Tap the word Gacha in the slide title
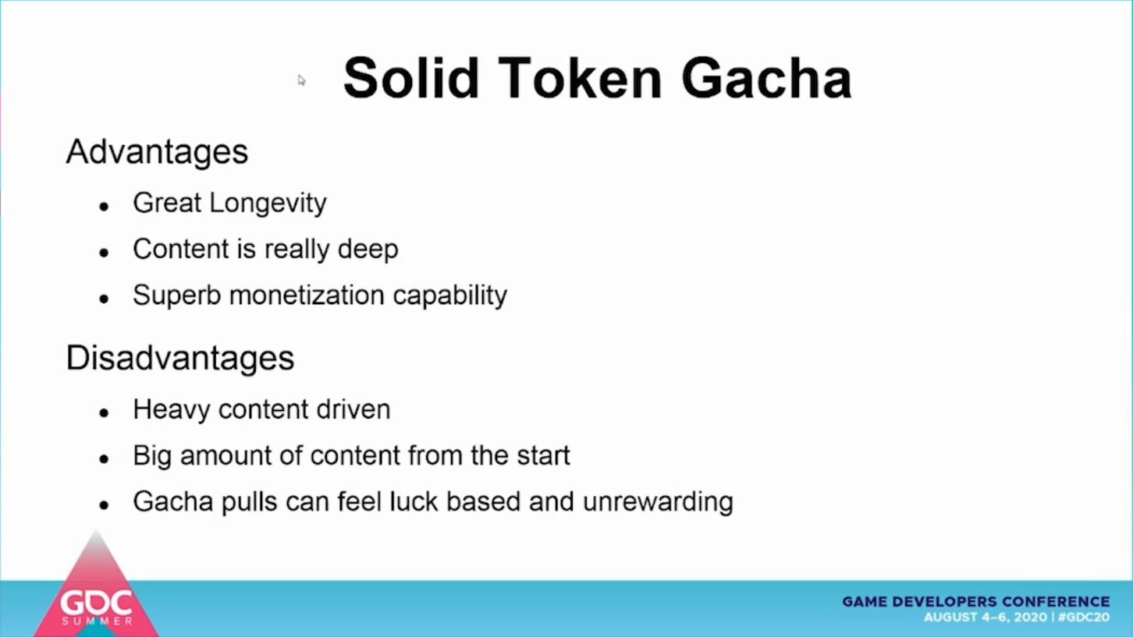click(x=767, y=79)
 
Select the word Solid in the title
click(x=410, y=78)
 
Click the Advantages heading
click(x=157, y=152)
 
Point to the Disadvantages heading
click(x=180, y=358)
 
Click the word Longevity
click(x=268, y=203)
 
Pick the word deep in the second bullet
click(x=368, y=249)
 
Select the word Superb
click(x=177, y=295)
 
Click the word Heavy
click(x=171, y=409)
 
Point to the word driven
click(x=353, y=409)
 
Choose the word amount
click(x=226, y=455)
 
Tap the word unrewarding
click(x=658, y=502)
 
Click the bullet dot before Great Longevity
click(x=105, y=207)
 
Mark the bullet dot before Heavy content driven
click(x=105, y=413)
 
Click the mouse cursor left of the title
click(x=301, y=80)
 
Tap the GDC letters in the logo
click(x=96, y=603)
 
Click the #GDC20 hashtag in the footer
click(x=1083, y=618)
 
